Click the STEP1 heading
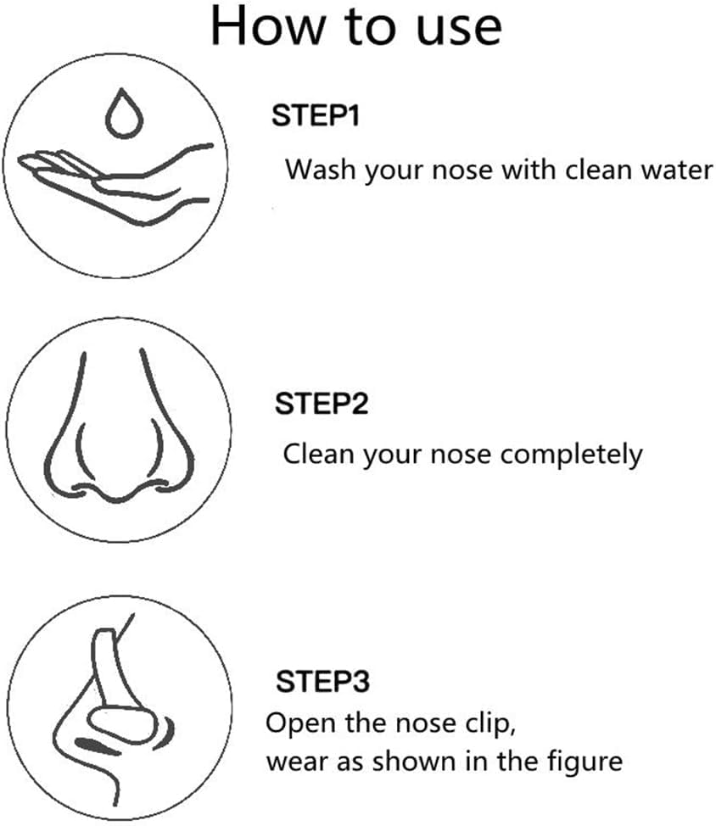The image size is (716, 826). (x=316, y=115)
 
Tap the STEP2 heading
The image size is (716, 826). (x=322, y=404)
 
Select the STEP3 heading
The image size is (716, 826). (x=323, y=681)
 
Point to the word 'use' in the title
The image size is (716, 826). (x=459, y=30)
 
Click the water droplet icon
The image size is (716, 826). (x=125, y=114)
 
